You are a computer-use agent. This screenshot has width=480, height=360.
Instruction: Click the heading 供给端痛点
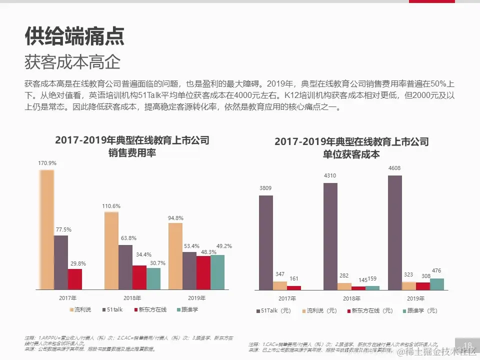tap(74, 36)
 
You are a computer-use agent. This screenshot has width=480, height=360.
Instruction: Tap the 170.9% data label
tap(47, 163)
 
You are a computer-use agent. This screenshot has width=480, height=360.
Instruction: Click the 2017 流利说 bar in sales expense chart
tap(47, 229)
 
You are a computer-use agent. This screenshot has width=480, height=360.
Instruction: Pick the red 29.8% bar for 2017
tap(75, 279)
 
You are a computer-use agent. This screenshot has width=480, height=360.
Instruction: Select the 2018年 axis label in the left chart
tap(132, 298)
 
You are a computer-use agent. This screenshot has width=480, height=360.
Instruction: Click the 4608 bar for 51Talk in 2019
tap(395, 232)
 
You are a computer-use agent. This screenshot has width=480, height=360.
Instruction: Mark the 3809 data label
tap(266, 188)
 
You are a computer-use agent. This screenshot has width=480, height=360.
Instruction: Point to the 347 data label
tap(280, 274)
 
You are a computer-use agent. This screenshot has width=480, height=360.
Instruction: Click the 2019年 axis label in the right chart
tap(416, 298)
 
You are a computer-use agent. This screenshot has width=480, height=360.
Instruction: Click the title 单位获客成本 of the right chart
tap(351, 154)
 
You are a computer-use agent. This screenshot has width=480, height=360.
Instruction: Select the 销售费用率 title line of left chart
tap(132, 153)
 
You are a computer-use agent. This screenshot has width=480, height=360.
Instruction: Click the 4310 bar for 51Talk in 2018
tap(330, 236)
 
